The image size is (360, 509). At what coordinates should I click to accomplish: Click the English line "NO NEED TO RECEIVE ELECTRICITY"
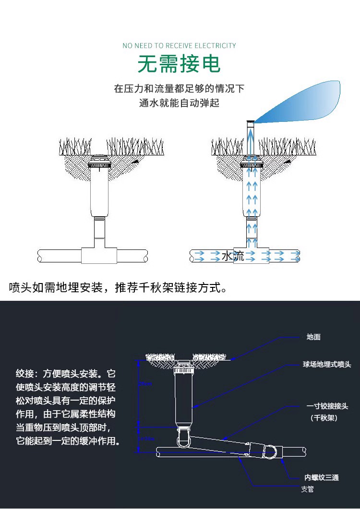[179, 46]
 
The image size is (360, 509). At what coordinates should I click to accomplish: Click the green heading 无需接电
[179, 64]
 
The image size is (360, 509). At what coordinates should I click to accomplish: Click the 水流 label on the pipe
[233, 256]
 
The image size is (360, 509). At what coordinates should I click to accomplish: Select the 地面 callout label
[313, 337]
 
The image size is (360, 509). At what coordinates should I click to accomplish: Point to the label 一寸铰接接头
[327, 406]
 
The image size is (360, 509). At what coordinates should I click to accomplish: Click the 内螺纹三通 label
[321, 477]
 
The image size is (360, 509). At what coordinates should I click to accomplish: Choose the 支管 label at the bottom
[307, 489]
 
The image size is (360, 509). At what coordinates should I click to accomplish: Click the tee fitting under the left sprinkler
[99, 255]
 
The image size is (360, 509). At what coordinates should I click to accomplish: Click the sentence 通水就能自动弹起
[179, 103]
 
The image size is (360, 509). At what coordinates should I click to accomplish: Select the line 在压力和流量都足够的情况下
[179, 89]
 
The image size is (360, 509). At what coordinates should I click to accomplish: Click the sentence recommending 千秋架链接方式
[118, 288]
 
